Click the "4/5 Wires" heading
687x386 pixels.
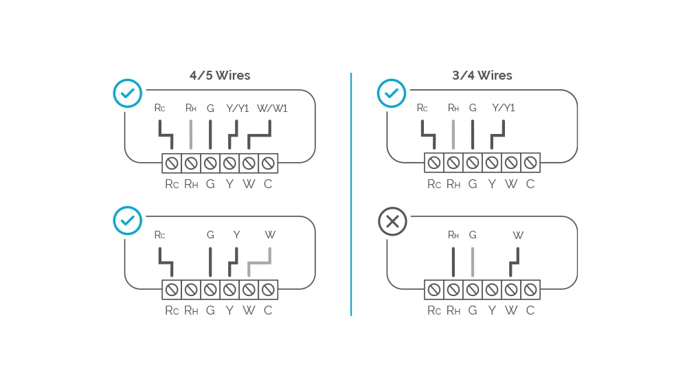pyautogui.click(x=220, y=76)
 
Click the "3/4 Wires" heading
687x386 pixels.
pyautogui.click(x=482, y=76)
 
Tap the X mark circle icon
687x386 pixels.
pyautogui.click(x=393, y=221)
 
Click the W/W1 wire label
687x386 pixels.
pyautogui.click(x=272, y=108)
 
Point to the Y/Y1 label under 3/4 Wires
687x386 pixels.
pyautogui.click(x=504, y=108)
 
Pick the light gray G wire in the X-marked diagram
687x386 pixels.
pyautogui.click(x=473, y=261)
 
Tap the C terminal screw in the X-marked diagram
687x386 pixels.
pyautogui.click(x=530, y=290)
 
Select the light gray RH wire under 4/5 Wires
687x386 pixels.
pyautogui.click(x=191, y=135)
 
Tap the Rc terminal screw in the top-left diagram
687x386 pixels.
pyautogui.click(x=172, y=163)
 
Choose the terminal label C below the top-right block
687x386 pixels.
pyautogui.click(x=530, y=184)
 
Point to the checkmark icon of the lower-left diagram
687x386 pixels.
pyautogui.click(x=128, y=221)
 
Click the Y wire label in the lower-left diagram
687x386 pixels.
pyautogui.click(x=236, y=235)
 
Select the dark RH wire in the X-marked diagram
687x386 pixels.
pyautogui.click(x=453, y=261)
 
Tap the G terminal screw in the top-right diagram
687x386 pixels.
pyautogui.click(x=473, y=163)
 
